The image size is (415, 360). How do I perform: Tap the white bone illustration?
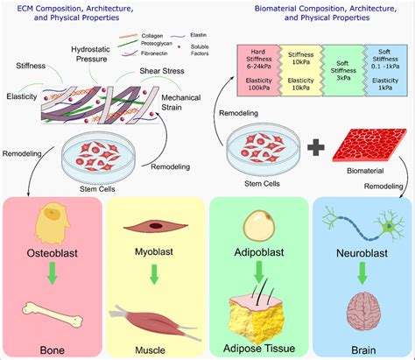51,314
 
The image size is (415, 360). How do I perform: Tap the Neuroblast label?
359,260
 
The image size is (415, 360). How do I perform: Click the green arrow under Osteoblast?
50,277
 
